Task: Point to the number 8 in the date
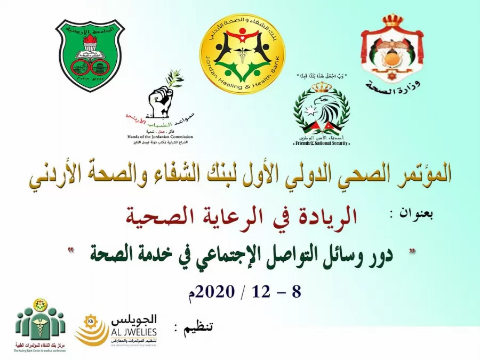(297, 291)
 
